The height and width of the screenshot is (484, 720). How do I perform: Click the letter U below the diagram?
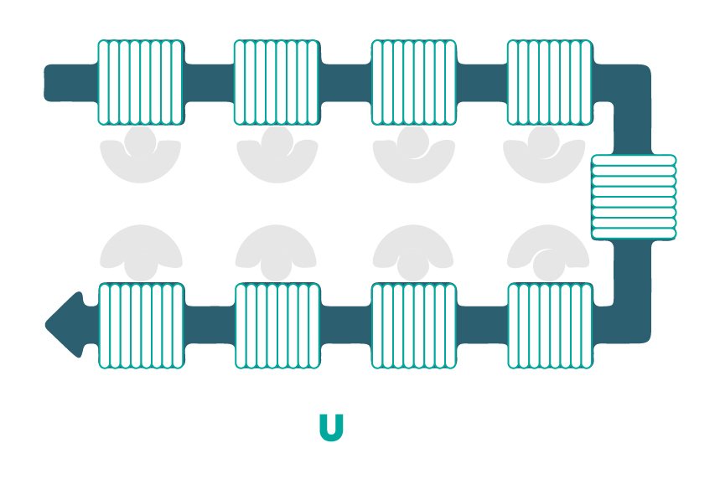(331, 427)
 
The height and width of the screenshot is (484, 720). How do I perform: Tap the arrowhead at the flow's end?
(65, 324)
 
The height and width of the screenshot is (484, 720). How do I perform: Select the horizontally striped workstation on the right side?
(634, 198)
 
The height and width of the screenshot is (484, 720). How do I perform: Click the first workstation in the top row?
(141, 83)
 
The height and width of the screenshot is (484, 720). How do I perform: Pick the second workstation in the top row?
(277, 83)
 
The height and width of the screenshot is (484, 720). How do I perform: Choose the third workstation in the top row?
(414, 83)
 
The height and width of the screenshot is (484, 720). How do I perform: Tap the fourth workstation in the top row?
(550, 83)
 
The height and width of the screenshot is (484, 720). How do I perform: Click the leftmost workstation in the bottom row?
(142, 326)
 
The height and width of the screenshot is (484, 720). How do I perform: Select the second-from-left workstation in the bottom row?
(277, 326)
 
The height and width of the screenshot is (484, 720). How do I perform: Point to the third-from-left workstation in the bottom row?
(414, 326)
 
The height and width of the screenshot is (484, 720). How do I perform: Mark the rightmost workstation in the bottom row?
(550, 326)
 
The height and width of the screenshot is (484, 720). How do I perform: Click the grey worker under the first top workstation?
(141, 158)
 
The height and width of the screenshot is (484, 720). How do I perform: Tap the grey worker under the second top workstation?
(277, 158)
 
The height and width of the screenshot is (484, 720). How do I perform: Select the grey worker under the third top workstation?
(414, 158)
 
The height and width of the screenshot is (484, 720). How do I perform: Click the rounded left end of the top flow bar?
(49, 83)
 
